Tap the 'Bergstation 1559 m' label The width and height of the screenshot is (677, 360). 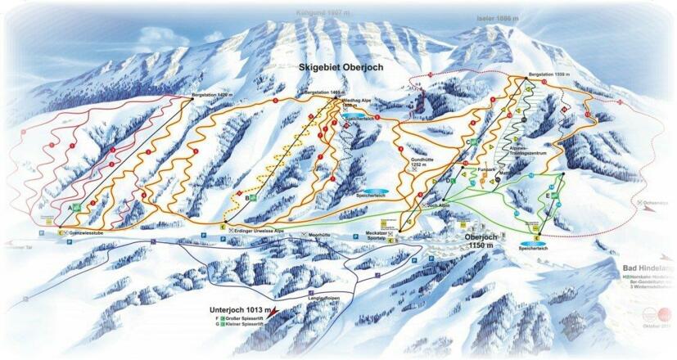548,74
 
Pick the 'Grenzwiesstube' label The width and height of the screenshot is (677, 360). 89,233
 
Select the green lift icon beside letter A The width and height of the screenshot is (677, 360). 76,208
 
